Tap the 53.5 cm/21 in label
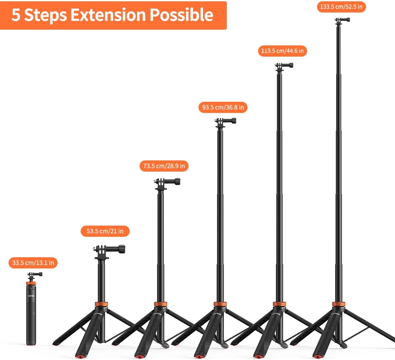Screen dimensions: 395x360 [x=105, y=231]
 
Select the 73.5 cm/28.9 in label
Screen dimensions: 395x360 [x=164, y=166]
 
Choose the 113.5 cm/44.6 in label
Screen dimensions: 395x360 [x=282, y=51]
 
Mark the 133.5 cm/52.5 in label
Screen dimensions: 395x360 [x=341, y=7]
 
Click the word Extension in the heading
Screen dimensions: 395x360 [x=108, y=15]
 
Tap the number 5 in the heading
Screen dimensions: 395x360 [x=16, y=15]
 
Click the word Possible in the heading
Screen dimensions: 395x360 [x=182, y=15]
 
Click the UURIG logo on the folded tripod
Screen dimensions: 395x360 [x=31, y=296]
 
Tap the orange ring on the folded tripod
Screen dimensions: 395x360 [x=31, y=283]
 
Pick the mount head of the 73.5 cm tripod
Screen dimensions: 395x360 [x=167, y=184]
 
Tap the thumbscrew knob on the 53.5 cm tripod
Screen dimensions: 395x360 [x=122, y=249]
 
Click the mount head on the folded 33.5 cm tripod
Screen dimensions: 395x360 [x=35, y=276]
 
